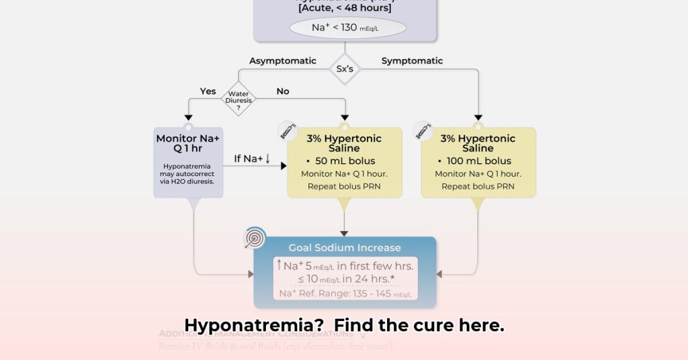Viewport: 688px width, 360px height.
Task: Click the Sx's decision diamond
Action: [345, 69]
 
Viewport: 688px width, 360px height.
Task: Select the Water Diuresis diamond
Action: [240, 98]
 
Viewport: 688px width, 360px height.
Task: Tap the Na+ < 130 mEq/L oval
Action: [347, 28]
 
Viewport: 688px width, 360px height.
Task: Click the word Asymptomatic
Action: [282, 61]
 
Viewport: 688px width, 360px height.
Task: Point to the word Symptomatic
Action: [412, 61]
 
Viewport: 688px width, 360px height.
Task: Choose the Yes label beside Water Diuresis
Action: [208, 91]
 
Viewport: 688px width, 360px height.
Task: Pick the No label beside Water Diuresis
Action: [283, 91]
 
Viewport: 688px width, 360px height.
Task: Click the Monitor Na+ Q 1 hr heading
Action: [188, 144]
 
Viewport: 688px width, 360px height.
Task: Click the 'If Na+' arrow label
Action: [252, 159]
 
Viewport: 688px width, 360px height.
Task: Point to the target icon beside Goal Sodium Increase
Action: [255, 238]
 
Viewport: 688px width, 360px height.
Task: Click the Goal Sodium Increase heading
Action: [345, 248]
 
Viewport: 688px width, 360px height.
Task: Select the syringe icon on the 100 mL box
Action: [423, 130]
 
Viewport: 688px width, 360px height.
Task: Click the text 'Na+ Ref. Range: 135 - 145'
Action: [345, 294]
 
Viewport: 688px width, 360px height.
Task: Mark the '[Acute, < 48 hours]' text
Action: [345, 7]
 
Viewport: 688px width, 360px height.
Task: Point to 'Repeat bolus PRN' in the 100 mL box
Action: [478, 186]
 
